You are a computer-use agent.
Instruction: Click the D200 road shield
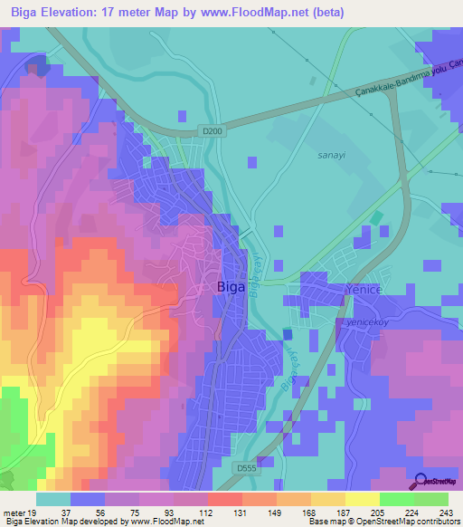(x=213, y=131)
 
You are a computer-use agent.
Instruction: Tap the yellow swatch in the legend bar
(x=362, y=499)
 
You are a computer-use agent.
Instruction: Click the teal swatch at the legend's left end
(x=53, y=499)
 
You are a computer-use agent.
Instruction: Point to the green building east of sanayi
(x=375, y=218)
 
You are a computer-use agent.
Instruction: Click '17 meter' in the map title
(x=137, y=12)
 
